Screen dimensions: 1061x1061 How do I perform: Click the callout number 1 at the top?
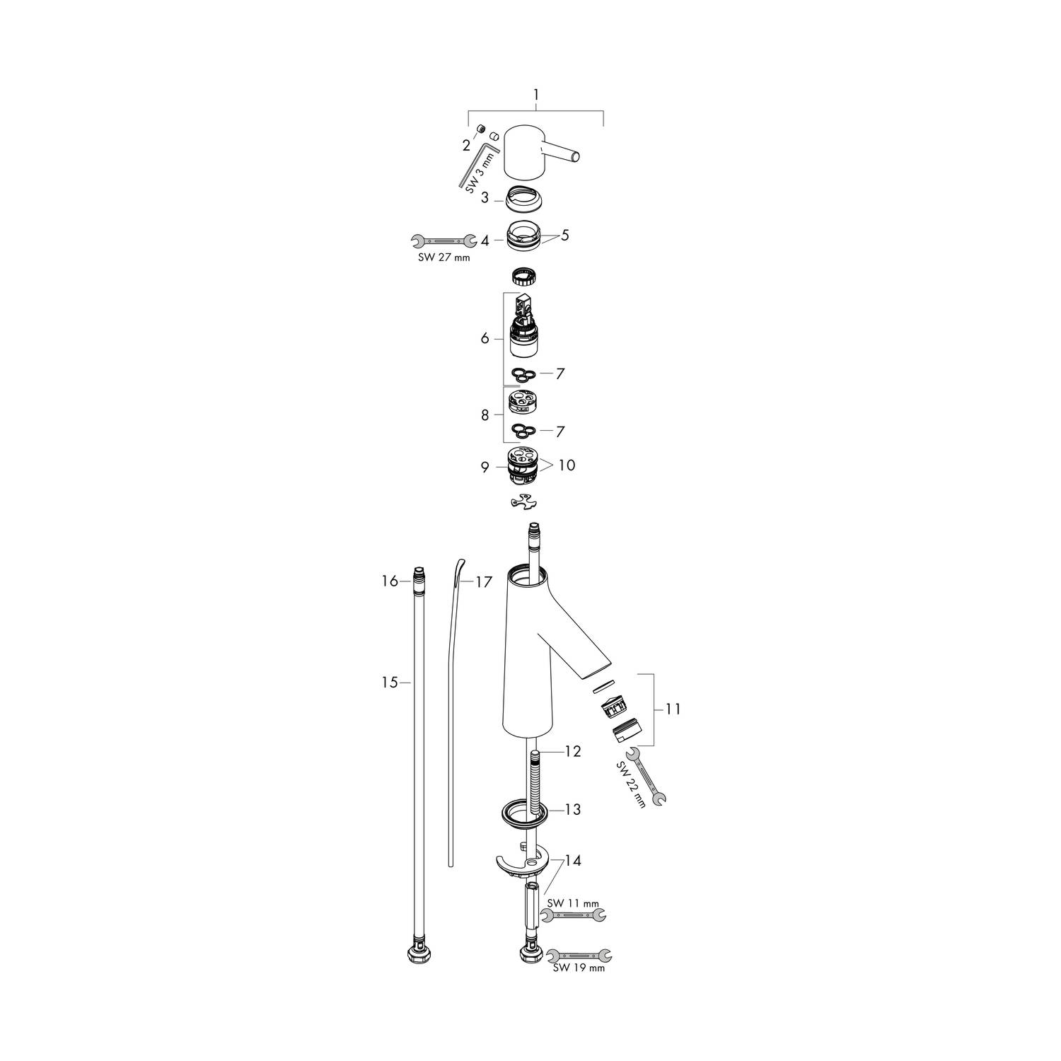(x=536, y=95)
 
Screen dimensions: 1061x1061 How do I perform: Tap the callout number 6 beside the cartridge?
(x=485, y=339)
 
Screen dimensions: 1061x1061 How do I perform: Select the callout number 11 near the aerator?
(x=673, y=709)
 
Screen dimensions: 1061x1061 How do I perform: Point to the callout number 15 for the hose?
(x=390, y=683)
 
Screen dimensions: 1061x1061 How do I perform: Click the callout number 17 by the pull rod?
(x=483, y=582)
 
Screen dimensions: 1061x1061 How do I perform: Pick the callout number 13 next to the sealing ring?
(x=572, y=809)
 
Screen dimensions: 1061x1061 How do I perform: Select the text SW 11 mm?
(x=574, y=903)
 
